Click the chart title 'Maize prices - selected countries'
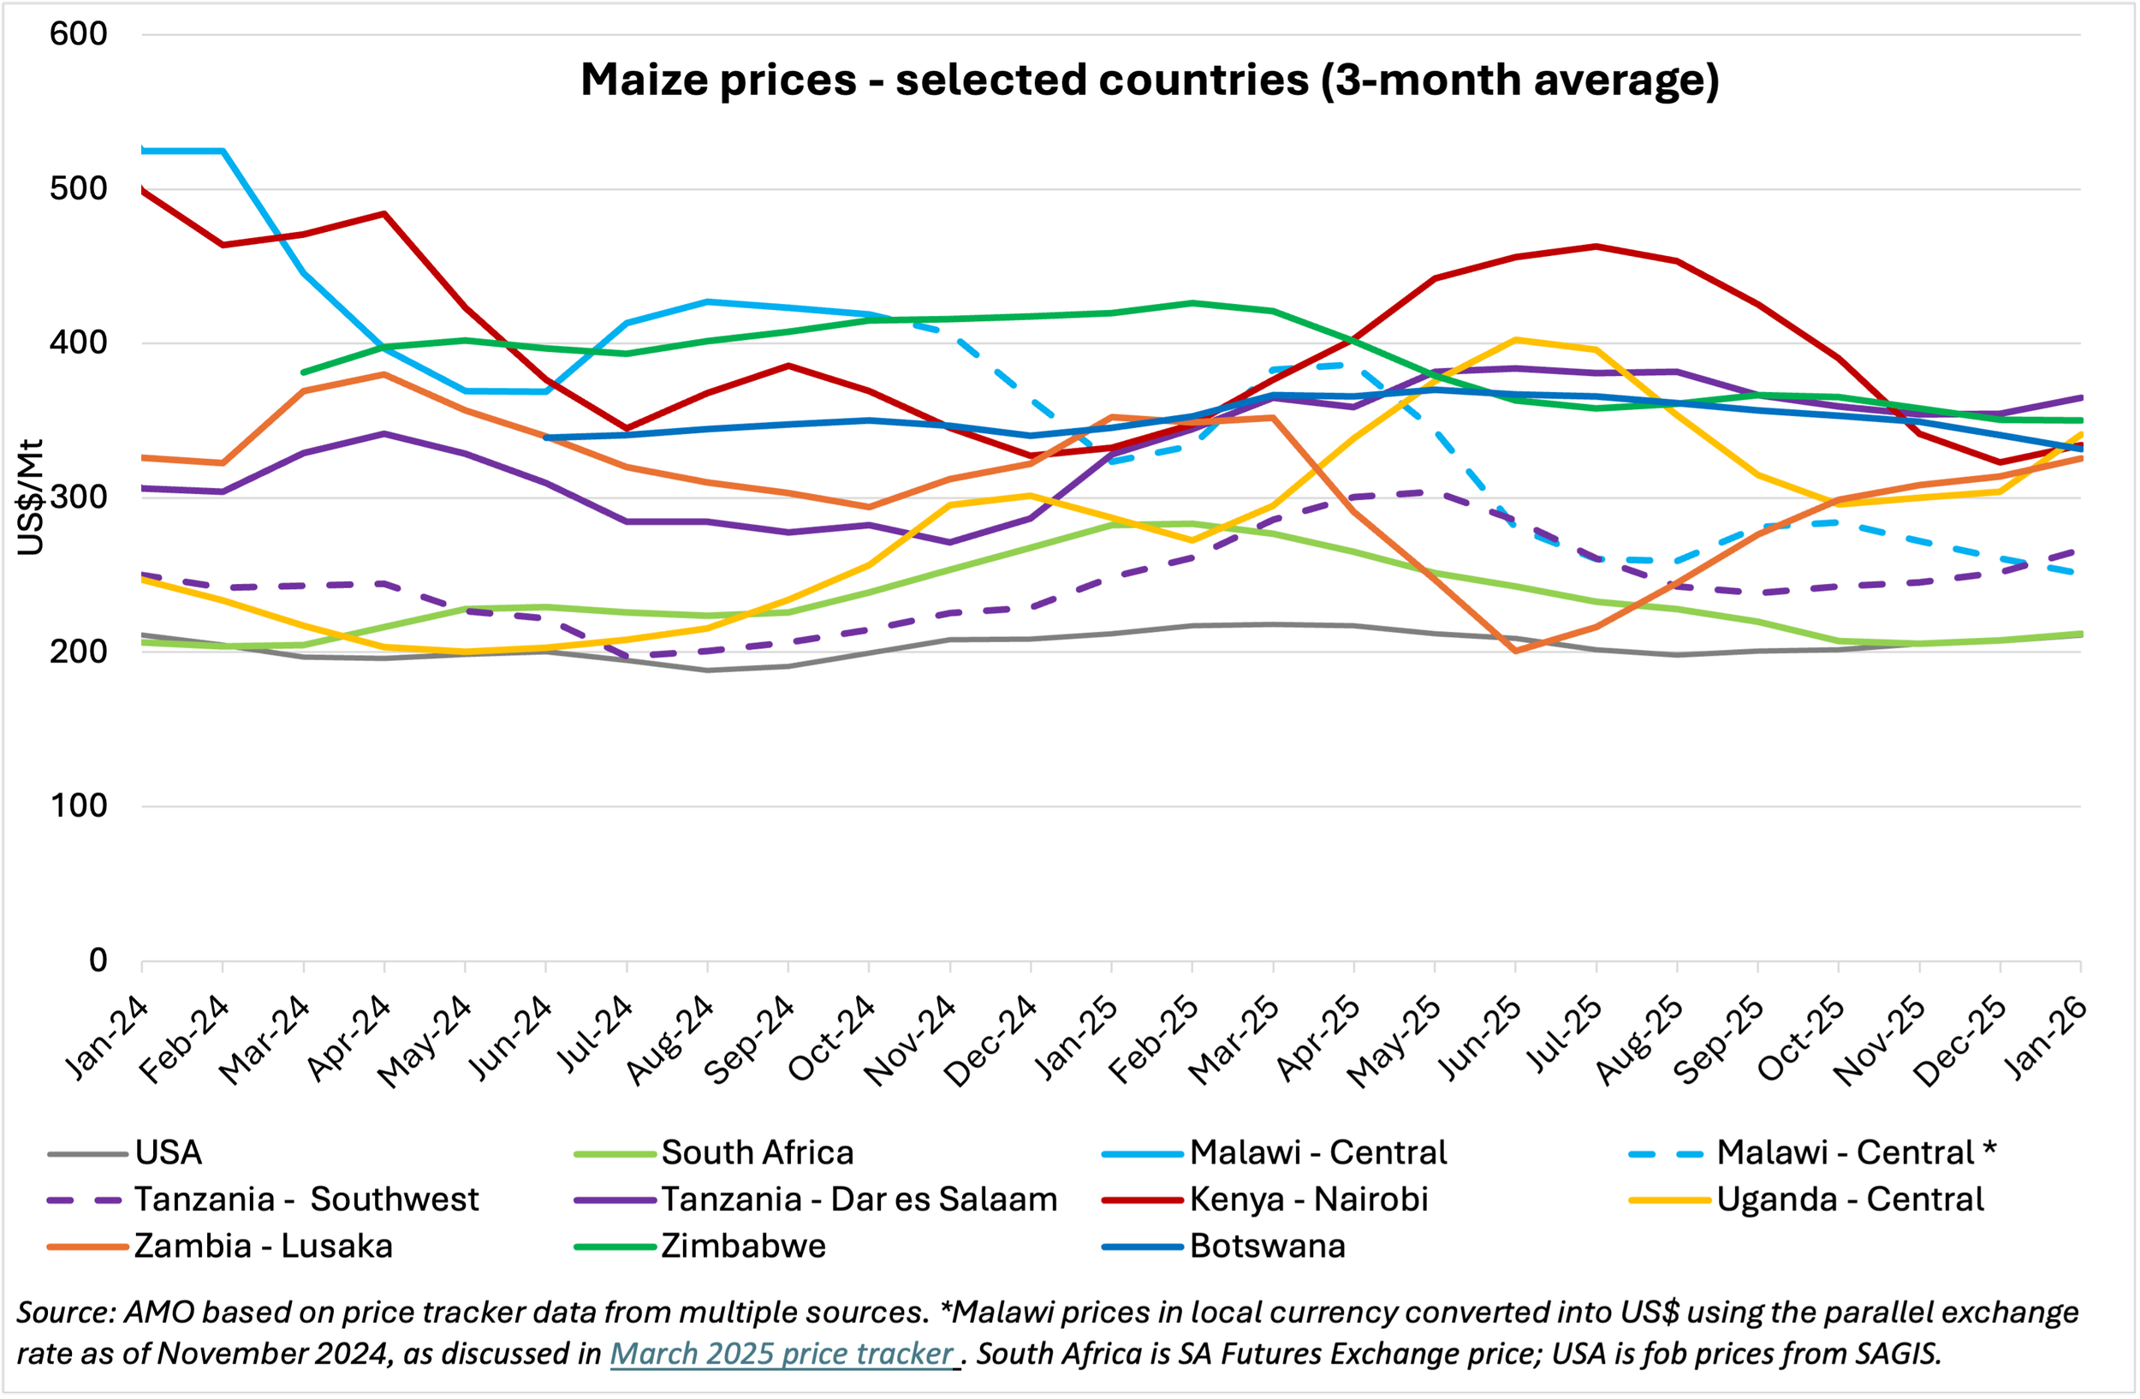point(1149,79)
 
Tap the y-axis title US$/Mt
point(30,497)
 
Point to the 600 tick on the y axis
point(79,34)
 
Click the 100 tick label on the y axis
point(79,806)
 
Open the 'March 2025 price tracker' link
point(782,1354)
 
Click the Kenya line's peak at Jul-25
point(1596,247)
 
